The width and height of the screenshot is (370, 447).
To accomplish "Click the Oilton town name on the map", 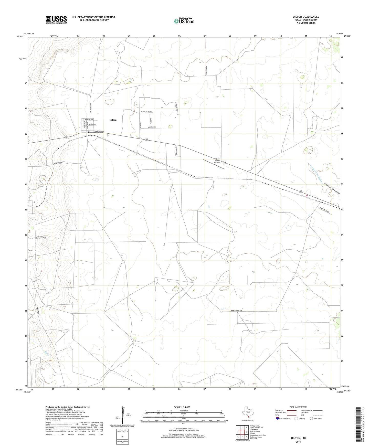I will click(x=113, y=120).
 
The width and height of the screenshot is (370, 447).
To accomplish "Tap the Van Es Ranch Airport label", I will click(x=217, y=160).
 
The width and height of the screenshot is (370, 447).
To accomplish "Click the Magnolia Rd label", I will click(x=58, y=163).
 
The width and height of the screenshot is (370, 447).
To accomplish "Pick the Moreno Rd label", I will click(x=152, y=127).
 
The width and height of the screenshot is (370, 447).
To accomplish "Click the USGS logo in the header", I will click(x=56, y=20).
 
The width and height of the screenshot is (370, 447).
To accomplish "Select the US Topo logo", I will click(x=184, y=21).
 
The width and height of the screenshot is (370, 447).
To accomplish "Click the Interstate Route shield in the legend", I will click(x=278, y=425).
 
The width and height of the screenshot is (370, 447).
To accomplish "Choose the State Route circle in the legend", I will click(x=311, y=425).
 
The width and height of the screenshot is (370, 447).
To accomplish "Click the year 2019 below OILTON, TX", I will click(x=298, y=442).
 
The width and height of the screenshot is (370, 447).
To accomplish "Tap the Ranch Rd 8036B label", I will click(x=146, y=112).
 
